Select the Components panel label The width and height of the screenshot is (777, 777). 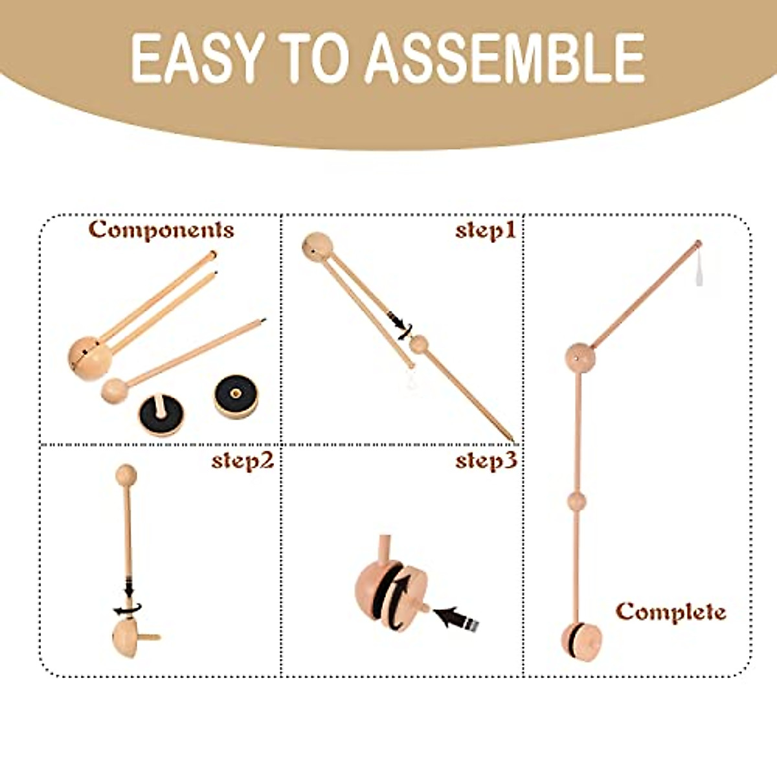[161, 229]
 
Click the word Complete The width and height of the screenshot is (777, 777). [671, 611]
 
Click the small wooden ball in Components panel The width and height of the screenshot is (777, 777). [115, 391]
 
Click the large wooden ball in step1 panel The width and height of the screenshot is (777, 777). [318, 247]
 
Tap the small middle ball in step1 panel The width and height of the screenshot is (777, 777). [420, 344]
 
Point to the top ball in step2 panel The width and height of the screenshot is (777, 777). [126, 475]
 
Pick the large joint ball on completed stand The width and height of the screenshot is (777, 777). [581, 357]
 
